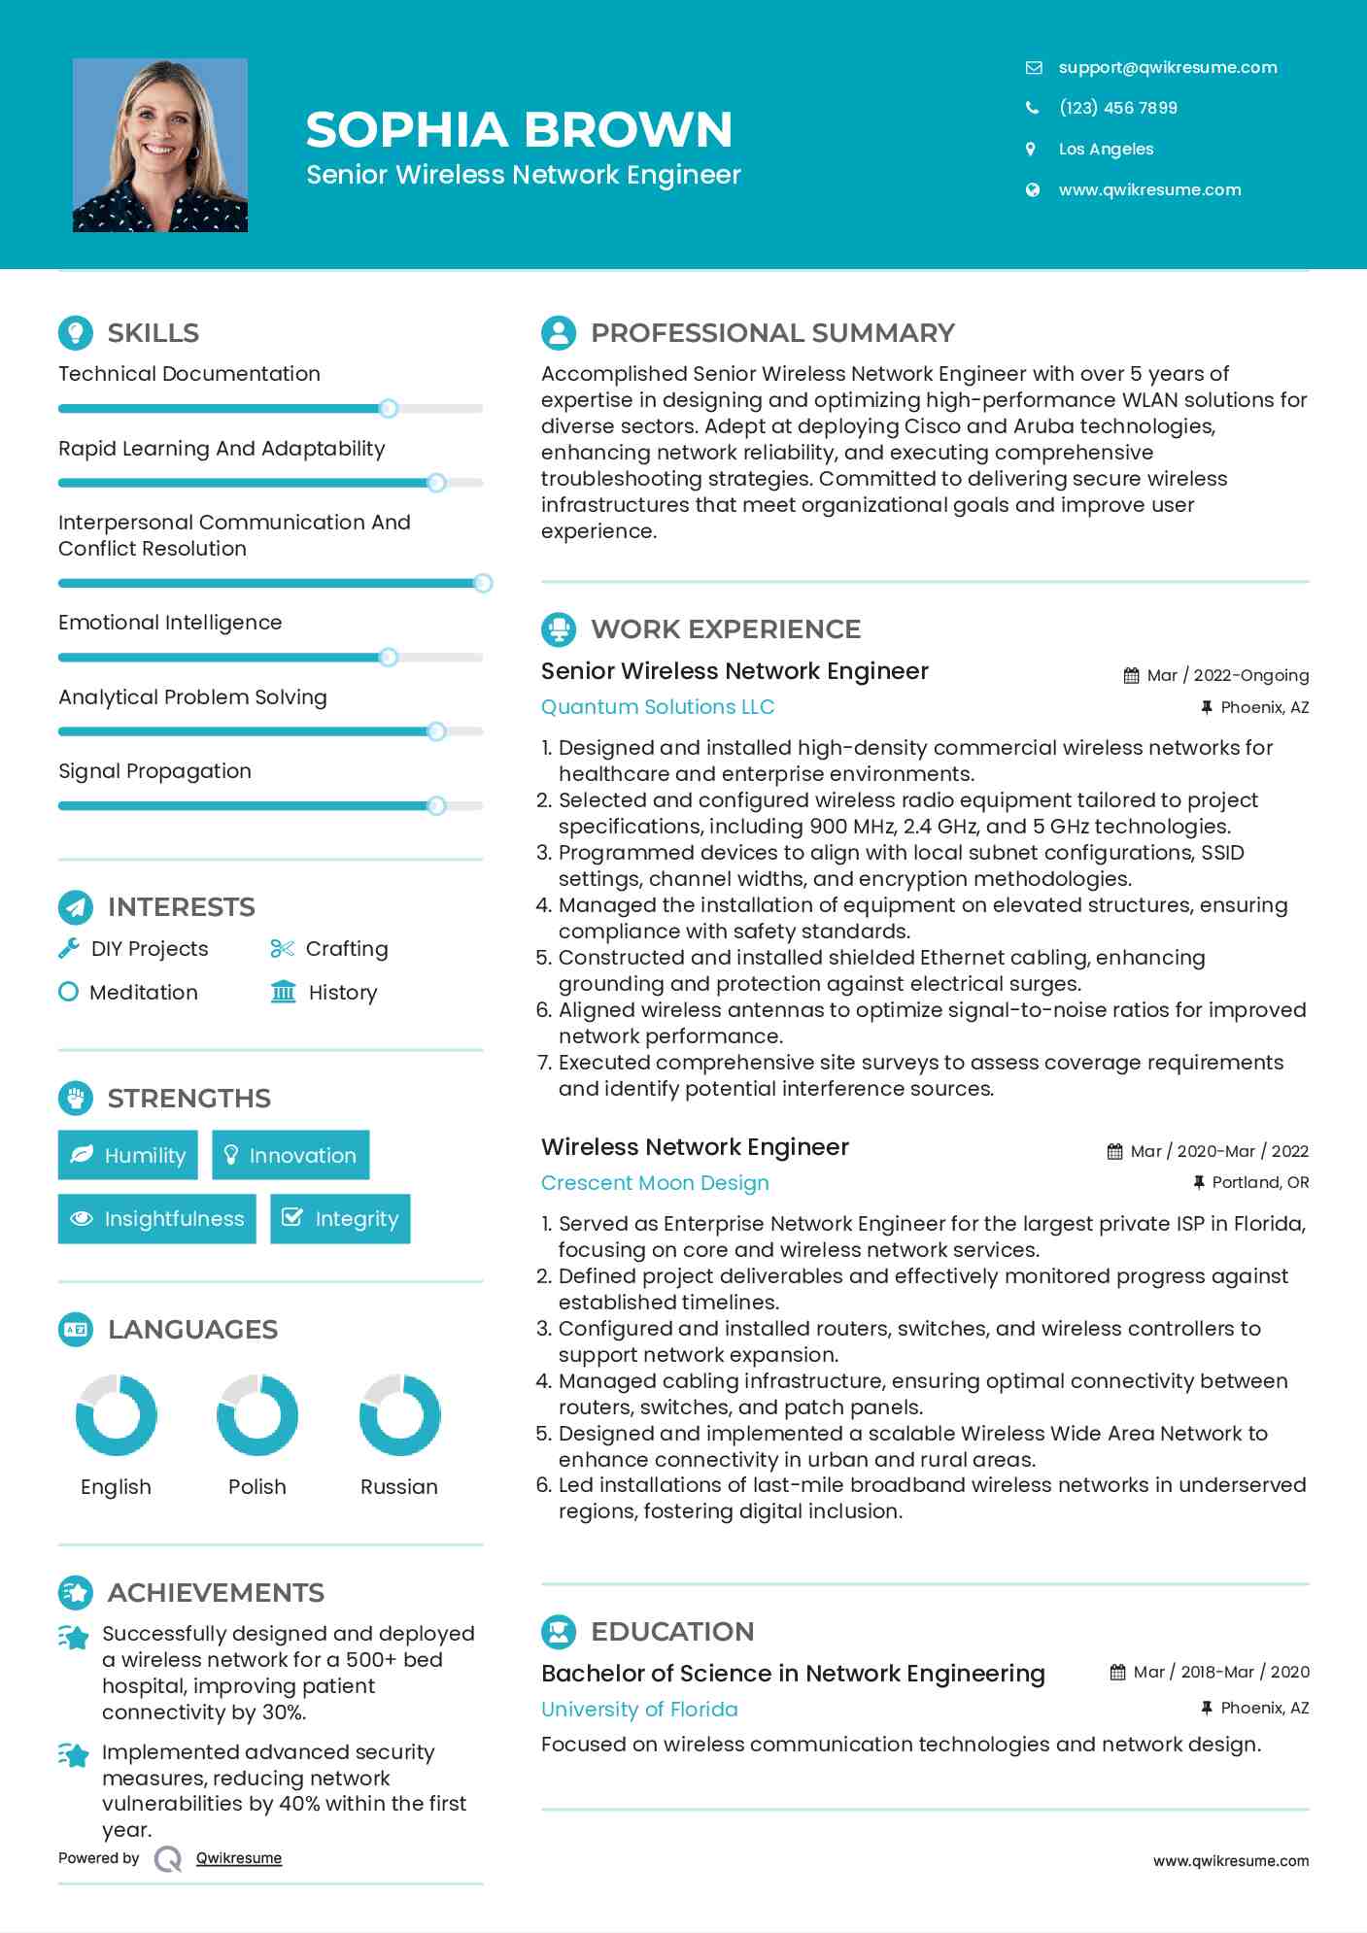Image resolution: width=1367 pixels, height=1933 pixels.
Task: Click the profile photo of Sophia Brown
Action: click(160, 146)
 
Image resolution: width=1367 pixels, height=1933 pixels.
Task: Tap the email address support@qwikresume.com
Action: click(1167, 67)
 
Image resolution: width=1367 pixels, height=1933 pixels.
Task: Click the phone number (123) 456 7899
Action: click(1117, 108)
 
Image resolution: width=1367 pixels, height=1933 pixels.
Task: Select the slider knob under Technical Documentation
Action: click(389, 408)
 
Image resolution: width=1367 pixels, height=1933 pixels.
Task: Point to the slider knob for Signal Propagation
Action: click(436, 805)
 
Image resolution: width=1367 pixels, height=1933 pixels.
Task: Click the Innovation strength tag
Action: click(290, 1155)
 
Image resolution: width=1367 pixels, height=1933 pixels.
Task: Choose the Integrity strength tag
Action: click(340, 1218)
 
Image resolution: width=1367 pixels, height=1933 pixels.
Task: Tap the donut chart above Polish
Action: click(257, 1415)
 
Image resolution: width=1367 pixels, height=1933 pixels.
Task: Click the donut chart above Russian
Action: click(399, 1415)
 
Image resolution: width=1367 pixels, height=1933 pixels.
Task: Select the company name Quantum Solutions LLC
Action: click(657, 707)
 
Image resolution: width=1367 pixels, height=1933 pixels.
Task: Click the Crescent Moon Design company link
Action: click(654, 1183)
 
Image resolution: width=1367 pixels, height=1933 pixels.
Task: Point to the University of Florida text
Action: click(639, 1709)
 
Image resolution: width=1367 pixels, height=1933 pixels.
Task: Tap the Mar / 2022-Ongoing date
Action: click(1227, 675)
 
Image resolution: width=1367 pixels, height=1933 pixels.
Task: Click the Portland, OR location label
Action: click(1260, 1182)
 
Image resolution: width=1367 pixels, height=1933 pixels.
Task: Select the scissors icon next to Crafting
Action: click(282, 948)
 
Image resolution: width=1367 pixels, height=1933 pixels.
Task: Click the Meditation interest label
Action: click(143, 992)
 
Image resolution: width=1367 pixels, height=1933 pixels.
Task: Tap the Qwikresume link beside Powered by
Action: click(238, 1858)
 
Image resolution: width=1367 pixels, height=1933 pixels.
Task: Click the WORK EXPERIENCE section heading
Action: click(725, 628)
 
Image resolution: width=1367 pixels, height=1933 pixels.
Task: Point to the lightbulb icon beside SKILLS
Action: click(76, 332)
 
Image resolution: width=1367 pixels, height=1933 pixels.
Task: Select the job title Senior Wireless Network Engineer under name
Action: click(523, 175)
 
